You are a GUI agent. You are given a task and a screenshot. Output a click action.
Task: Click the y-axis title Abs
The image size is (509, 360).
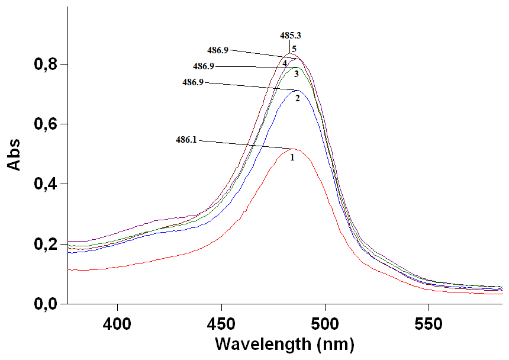click(x=14, y=155)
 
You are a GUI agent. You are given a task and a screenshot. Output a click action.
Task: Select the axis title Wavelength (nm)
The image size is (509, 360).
click(x=285, y=344)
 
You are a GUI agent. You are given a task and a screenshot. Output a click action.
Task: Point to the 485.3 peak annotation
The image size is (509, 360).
click(x=291, y=36)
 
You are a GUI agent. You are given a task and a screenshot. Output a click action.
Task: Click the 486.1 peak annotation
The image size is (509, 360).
click(x=186, y=140)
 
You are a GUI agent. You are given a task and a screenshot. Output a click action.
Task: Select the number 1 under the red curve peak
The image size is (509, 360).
click(x=292, y=158)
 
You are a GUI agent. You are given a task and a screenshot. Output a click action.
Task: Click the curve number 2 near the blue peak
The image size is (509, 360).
click(x=298, y=98)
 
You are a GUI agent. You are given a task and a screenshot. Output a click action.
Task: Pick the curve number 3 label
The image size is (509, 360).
click(x=296, y=73)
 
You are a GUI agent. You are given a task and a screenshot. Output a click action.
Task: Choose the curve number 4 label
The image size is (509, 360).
click(x=285, y=63)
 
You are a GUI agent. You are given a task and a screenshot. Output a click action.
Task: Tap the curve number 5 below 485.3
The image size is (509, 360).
click(x=294, y=49)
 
